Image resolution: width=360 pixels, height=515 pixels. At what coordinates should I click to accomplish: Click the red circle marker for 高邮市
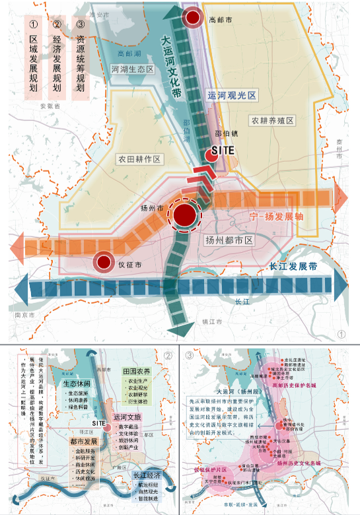click(x=193, y=18)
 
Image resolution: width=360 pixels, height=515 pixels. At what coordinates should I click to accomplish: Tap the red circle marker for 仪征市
click(x=103, y=262)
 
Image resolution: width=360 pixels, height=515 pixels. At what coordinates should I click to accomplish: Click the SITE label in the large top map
click(x=223, y=151)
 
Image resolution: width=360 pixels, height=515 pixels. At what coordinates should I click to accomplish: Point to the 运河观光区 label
click(x=231, y=96)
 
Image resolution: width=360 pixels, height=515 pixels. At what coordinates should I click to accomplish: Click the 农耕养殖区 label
click(x=271, y=121)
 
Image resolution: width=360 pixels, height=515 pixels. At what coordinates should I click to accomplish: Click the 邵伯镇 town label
click(x=226, y=132)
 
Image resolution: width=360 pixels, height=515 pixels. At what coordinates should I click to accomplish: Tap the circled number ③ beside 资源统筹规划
click(x=79, y=25)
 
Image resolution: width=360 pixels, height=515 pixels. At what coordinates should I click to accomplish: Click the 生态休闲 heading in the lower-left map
click(x=77, y=383)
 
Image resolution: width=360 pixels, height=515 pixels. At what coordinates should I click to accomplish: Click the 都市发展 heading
click(x=83, y=441)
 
